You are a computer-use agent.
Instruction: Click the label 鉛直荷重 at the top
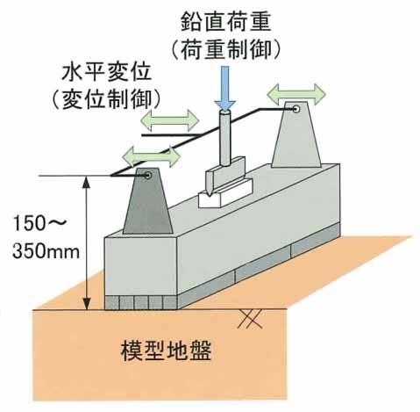(225, 21)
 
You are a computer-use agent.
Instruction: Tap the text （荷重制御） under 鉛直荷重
(225, 49)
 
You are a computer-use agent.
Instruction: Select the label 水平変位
(106, 72)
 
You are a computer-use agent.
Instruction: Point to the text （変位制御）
(106, 99)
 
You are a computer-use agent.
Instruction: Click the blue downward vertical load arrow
(224, 88)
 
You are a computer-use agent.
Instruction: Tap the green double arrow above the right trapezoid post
(296, 94)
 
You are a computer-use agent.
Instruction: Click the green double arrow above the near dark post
(152, 156)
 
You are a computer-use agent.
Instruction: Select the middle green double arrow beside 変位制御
(170, 120)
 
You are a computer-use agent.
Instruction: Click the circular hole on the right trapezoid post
(296, 109)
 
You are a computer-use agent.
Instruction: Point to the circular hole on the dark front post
(148, 176)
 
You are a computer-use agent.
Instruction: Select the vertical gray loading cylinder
(224, 139)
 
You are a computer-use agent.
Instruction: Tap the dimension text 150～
(39, 223)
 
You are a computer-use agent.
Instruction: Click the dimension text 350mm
(46, 251)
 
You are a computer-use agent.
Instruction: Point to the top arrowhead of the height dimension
(86, 182)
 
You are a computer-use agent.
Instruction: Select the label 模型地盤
(166, 351)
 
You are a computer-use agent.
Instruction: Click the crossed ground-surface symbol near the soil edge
(250, 319)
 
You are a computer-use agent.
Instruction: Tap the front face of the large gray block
(141, 266)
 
